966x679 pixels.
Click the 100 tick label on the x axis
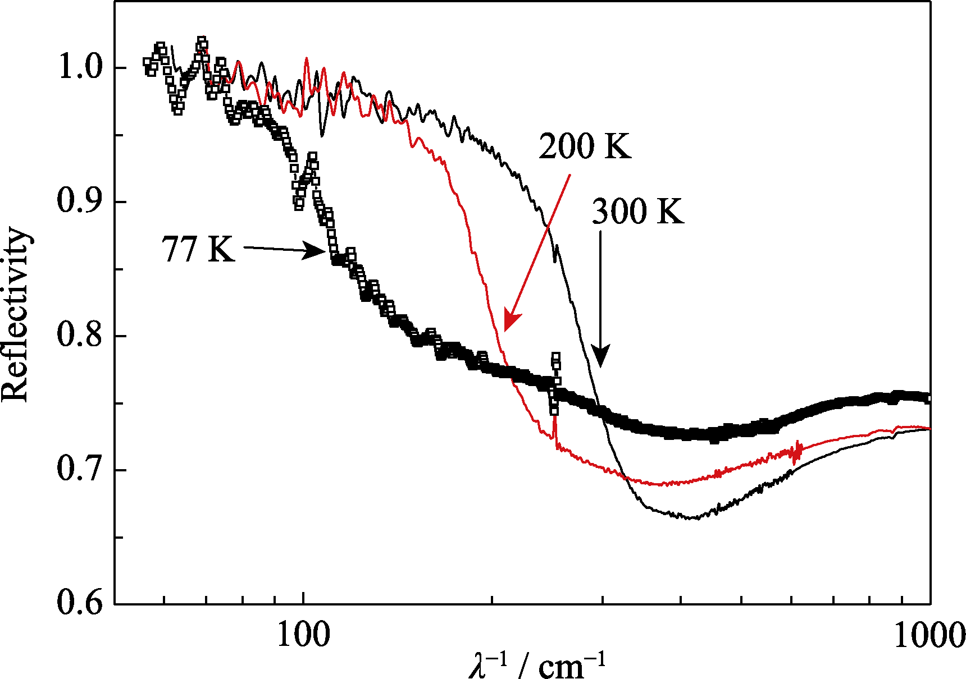(x=303, y=636)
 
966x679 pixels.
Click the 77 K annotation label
(x=198, y=249)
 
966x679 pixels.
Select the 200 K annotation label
(x=585, y=146)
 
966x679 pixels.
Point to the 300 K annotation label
(x=638, y=212)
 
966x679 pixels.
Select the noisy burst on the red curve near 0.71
(x=795, y=452)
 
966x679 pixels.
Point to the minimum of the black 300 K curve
(x=696, y=518)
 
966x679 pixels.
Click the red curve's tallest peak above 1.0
(x=307, y=58)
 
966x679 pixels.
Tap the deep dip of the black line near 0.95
(x=322, y=135)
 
